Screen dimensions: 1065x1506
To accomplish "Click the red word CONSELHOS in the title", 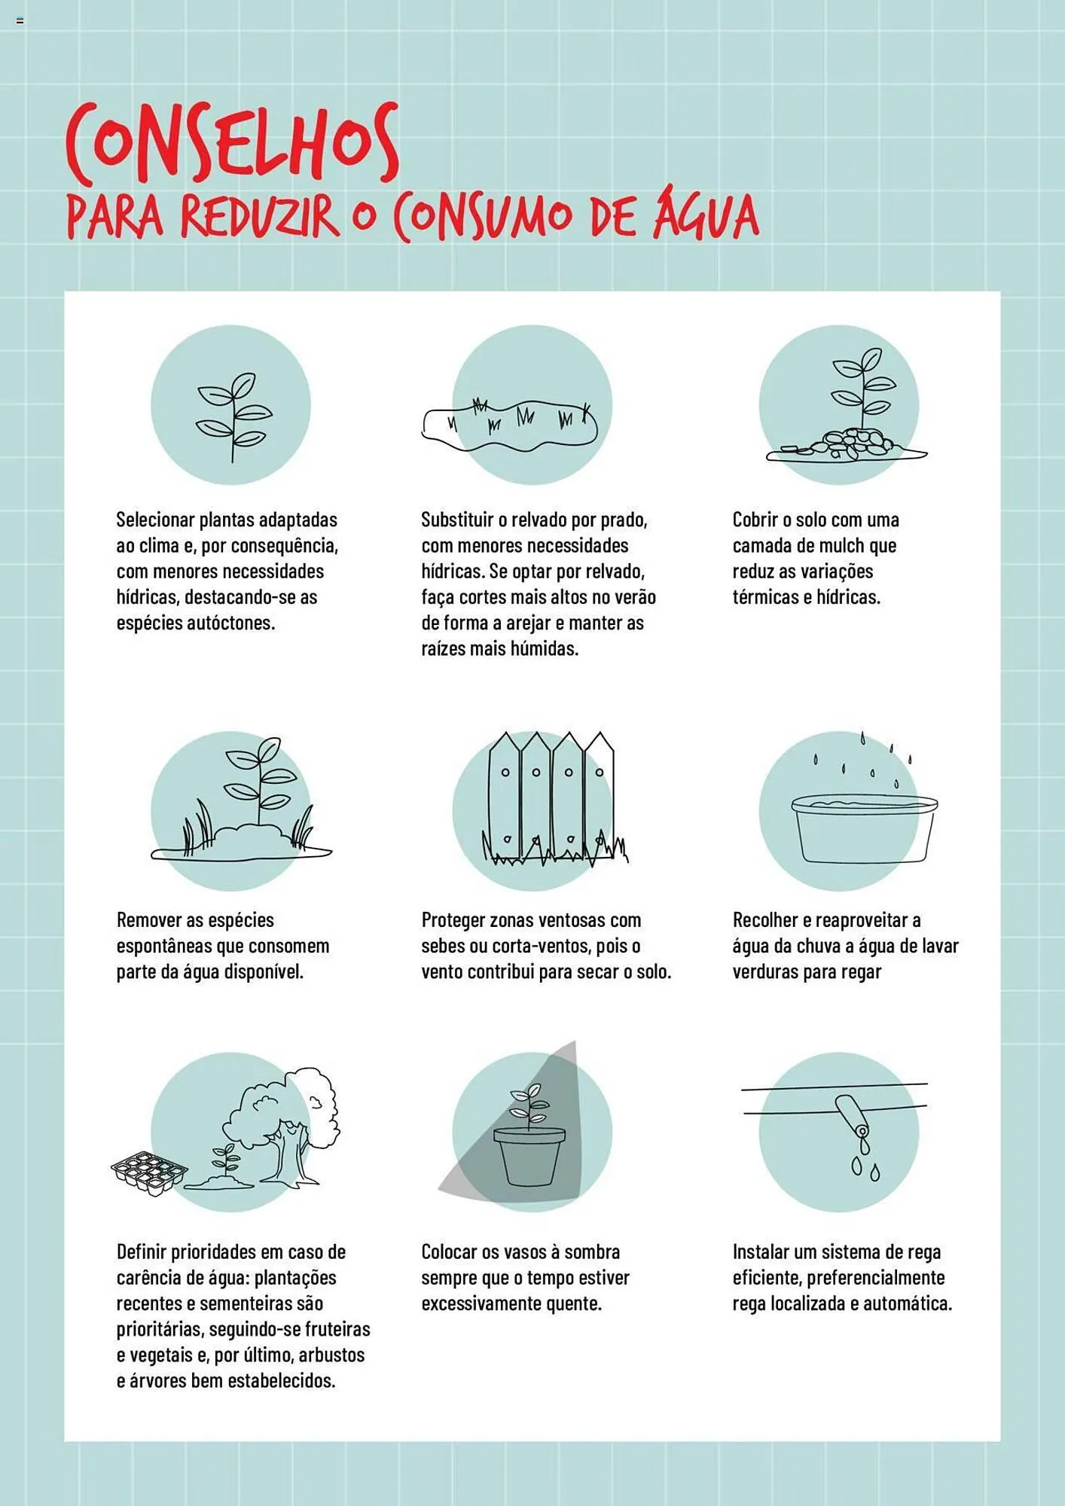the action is coord(232,143).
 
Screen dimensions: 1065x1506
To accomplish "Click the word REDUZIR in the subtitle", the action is coord(259,216).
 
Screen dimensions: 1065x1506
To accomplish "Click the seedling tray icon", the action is coord(148,1173).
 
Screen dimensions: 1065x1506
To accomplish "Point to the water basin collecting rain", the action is coord(864,828).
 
